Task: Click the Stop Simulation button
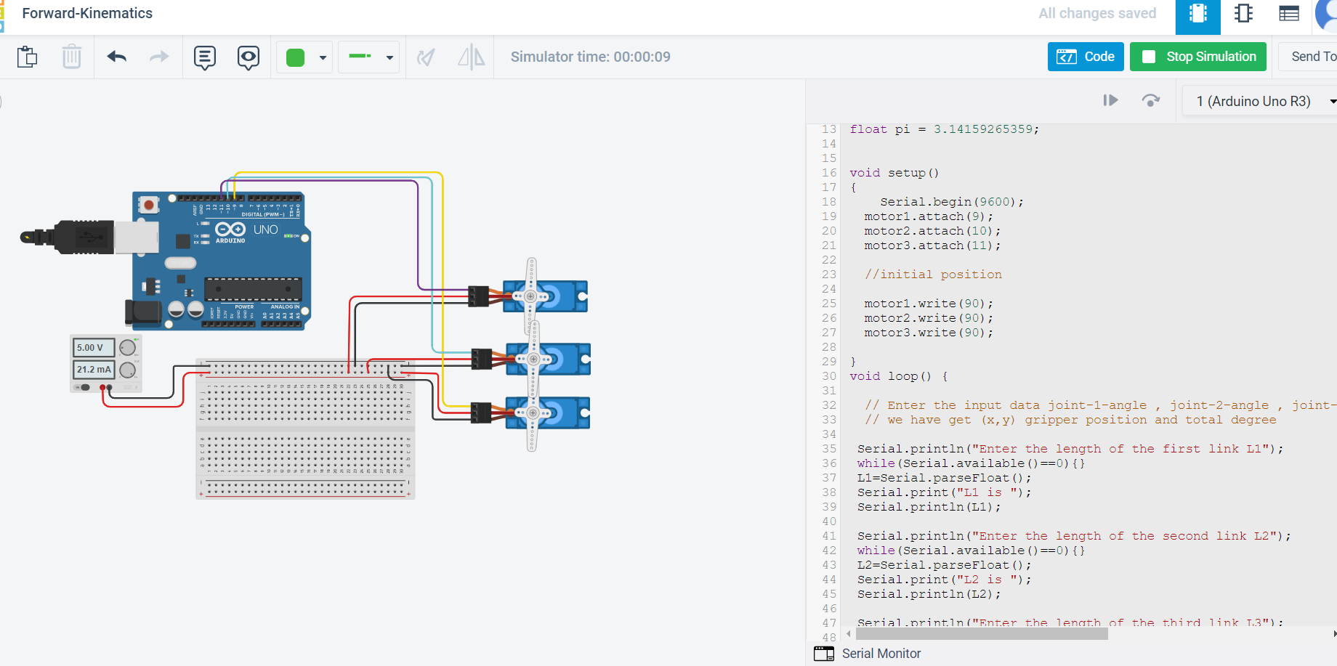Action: [x=1197, y=57]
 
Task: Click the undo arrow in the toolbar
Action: [x=117, y=57]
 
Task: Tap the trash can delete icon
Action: [x=71, y=57]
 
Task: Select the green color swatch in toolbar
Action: [x=295, y=57]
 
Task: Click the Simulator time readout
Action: [x=590, y=57]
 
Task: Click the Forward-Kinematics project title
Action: [x=87, y=13]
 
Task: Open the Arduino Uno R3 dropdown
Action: [x=1261, y=101]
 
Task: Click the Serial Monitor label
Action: [x=881, y=654]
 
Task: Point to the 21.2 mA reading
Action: [x=94, y=370]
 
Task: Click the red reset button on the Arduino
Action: [x=149, y=205]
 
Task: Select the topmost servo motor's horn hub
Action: [x=530, y=296]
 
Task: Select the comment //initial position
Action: [x=933, y=275]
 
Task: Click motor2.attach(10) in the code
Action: [x=932, y=231]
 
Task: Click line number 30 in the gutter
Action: [x=829, y=376]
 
